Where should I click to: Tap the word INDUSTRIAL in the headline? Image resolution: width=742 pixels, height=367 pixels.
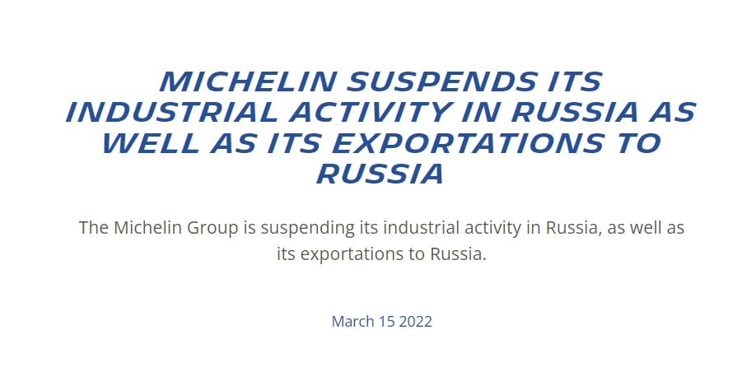pyautogui.click(x=172, y=112)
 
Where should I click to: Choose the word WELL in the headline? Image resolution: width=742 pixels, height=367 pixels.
pyautogui.click(x=151, y=143)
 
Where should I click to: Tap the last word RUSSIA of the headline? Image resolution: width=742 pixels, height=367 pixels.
pyautogui.click(x=380, y=174)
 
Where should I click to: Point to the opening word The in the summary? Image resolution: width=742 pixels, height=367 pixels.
pyautogui.click(x=94, y=227)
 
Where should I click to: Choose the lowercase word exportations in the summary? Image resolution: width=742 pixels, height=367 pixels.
pyautogui.click(x=352, y=255)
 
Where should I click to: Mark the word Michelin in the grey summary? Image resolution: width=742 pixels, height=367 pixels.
pyautogui.click(x=148, y=227)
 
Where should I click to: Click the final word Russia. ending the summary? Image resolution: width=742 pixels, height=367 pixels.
pyautogui.click(x=458, y=254)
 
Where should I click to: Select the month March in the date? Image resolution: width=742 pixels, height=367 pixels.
pyautogui.click(x=352, y=322)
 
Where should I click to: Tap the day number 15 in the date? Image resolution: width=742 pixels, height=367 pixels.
pyautogui.click(x=386, y=322)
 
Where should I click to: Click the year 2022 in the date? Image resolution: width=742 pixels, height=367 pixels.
pyautogui.click(x=416, y=322)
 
